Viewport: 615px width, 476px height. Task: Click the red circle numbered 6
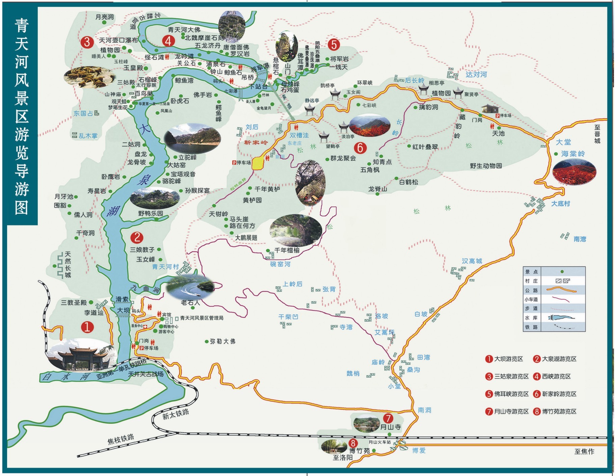[360, 148]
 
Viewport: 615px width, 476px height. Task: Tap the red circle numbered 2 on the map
[137, 237]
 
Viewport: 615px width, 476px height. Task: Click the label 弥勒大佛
[222, 341]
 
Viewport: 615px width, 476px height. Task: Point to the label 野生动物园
[486, 166]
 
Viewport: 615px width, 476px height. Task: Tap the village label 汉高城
[472, 261]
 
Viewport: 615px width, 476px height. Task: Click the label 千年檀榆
[287, 250]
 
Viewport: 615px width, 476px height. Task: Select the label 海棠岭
[573, 154]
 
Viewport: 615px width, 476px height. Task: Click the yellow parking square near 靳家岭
[258, 163]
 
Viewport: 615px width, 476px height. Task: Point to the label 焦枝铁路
[121, 439]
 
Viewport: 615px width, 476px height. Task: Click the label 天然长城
[68, 265]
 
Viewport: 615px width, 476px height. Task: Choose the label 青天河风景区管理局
[202, 318]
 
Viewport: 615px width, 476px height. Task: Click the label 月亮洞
[105, 17]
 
